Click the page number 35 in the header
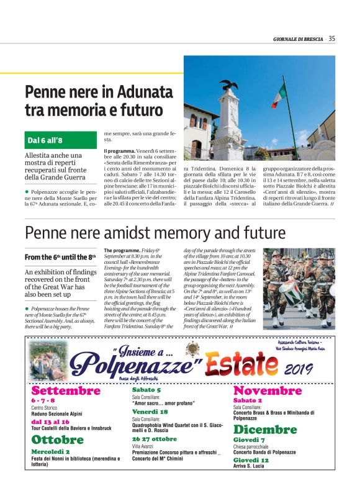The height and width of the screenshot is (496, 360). coord(332,38)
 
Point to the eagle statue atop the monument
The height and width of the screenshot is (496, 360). coord(228,86)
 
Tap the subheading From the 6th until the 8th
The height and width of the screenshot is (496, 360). coord(60,256)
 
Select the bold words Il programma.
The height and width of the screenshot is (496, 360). coord(118,151)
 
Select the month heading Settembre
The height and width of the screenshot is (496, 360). coord(65,390)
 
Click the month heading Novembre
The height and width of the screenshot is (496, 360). coord(267,390)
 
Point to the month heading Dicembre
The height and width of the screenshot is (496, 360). coord(265,430)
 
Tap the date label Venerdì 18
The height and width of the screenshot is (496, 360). coord(150,412)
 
